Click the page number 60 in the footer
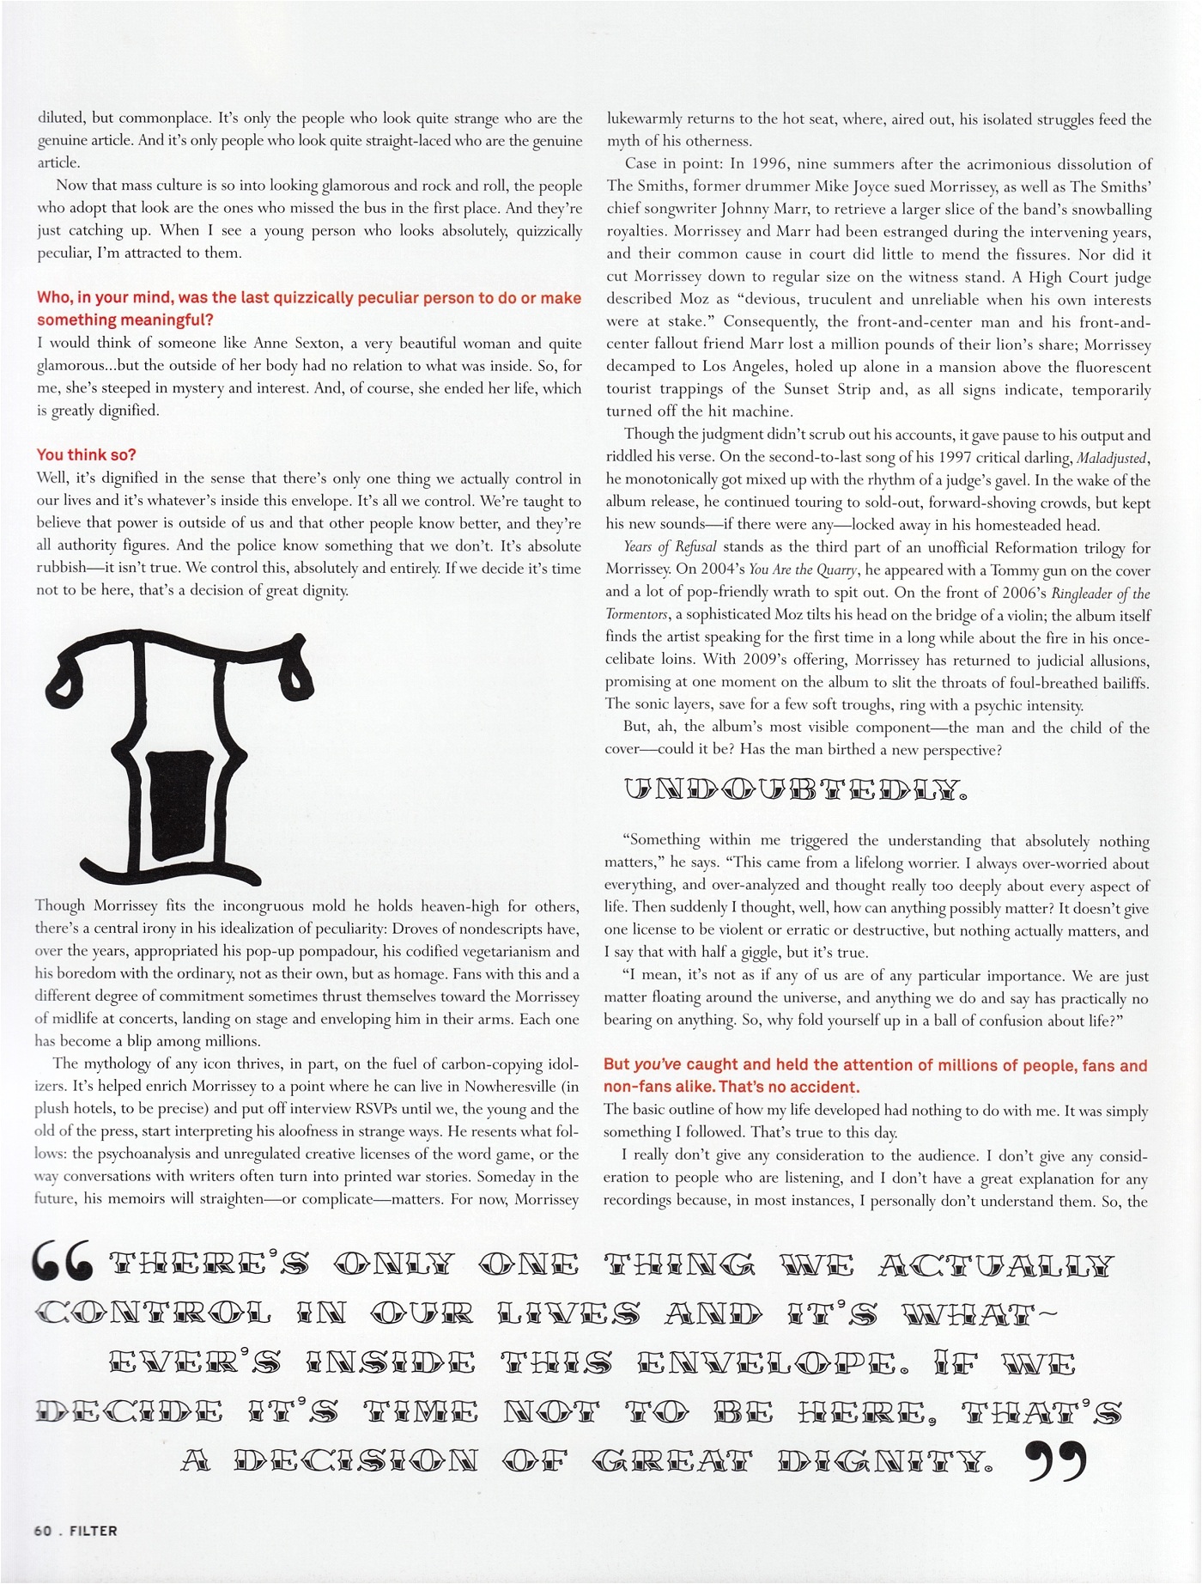[43, 1530]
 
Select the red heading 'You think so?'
[86, 455]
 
